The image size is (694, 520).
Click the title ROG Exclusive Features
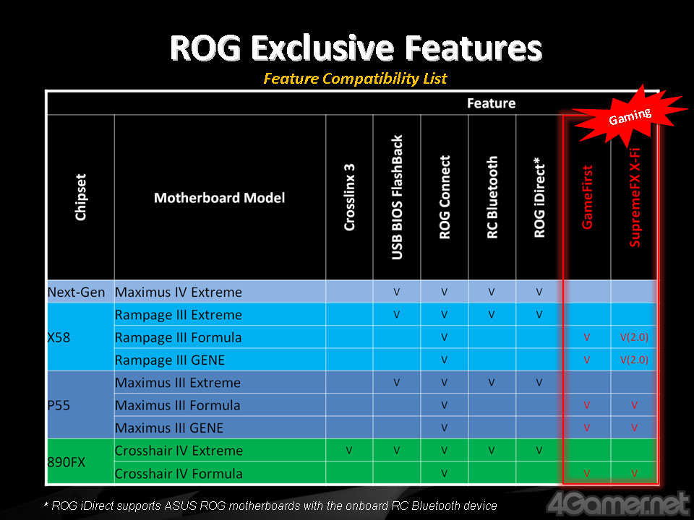coord(356,48)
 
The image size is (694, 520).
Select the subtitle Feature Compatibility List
coord(355,79)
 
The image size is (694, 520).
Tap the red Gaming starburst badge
coord(630,116)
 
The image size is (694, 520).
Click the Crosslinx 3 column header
coord(349,197)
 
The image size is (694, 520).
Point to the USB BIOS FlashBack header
coord(397,197)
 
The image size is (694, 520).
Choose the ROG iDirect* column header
coord(539,197)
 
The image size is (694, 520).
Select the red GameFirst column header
coord(587,197)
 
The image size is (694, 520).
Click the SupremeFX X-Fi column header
coord(635,197)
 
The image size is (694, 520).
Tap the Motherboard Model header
coord(220,198)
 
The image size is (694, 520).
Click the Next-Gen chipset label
coord(76,292)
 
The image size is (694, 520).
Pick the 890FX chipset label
coord(67,462)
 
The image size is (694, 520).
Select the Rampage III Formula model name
coord(179,337)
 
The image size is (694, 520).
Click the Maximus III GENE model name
coord(169,428)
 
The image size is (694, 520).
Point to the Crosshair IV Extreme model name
coord(179,451)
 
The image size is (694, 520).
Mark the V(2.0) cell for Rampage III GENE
coord(634,360)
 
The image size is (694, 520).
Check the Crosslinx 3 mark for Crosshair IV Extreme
coord(349,451)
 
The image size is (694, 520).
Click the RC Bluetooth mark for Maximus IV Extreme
coord(492,292)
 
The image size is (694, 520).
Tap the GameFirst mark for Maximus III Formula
coord(587,405)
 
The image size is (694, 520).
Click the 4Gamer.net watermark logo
coord(618,504)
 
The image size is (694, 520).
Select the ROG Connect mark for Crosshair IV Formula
coord(444,474)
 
